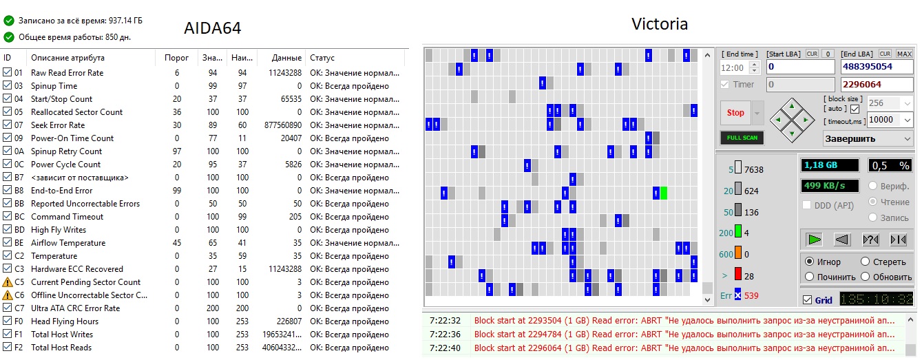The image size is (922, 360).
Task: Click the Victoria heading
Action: point(659,24)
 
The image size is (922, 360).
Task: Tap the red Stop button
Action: point(735,112)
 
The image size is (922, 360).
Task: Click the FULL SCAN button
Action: point(742,138)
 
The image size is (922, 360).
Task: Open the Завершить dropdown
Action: point(868,138)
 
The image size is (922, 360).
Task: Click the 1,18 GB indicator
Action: point(829,165)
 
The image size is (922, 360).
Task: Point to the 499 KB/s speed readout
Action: point(829,186)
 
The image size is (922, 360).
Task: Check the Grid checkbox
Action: point(808,300)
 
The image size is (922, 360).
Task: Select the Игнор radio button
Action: point(809,262)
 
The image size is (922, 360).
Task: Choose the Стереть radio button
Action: point(865,262)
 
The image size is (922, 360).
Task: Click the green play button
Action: point(815,240)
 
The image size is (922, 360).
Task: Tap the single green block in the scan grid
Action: point(664,193)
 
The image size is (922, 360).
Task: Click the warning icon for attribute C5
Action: point(8,282)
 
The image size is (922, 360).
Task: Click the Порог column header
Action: point(177,58)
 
